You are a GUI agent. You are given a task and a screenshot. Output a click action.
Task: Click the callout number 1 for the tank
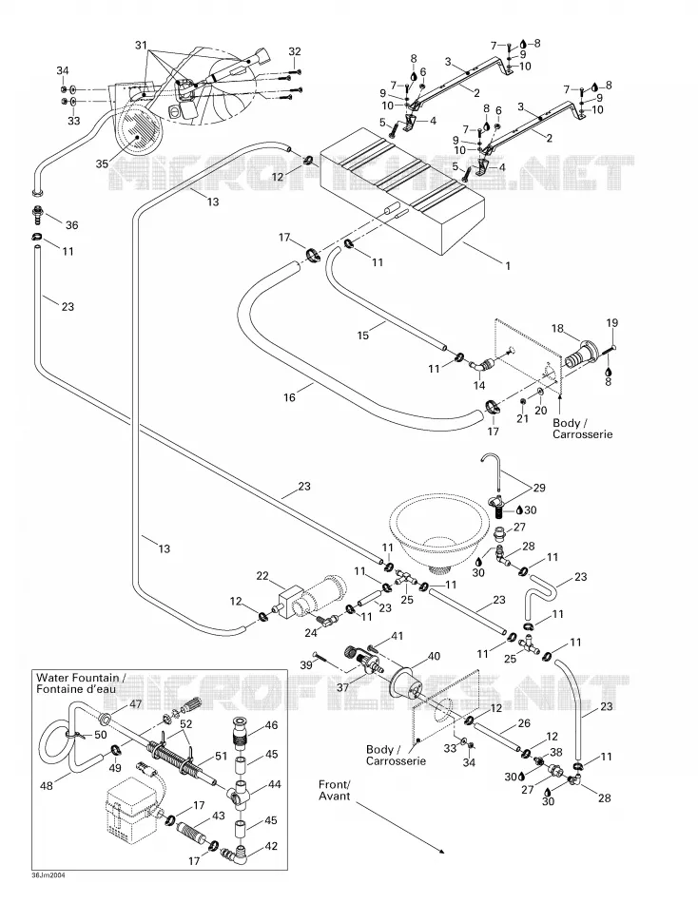(x=508, y=267)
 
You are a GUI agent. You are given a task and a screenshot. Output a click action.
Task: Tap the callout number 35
(x=102, y=163)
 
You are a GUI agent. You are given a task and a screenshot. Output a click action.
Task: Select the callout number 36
(x=72, y=225)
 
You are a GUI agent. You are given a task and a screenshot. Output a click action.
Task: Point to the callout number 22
(x=262, y=576)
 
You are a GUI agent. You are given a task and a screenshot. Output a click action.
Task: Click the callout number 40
(x=434, y=656)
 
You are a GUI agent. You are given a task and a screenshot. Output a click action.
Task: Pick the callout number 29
(x=539, y=488)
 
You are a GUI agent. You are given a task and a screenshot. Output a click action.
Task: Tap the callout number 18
(x=557, y=328)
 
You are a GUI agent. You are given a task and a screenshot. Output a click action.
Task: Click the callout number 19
(x=611, y=323)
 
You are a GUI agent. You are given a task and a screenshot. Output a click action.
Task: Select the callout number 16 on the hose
(x=289, y=397)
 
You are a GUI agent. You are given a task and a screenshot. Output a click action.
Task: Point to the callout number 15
(x=363, y=335)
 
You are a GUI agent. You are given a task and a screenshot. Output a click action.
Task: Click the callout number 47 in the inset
(x=135, y=703)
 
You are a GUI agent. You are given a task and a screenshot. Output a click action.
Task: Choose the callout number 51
(x=222, y=757)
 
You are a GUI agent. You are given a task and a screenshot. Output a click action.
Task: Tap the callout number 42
(x=271, y=846)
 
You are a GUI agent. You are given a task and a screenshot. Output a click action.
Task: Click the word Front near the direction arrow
(x=334, y=785)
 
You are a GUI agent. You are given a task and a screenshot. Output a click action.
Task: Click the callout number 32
(x=295, y=51)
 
